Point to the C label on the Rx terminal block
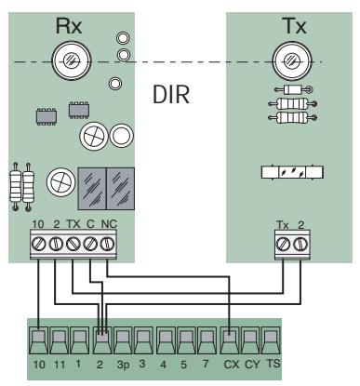[91, 223]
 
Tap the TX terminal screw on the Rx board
[74, 243]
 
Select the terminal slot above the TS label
[272, 341]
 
